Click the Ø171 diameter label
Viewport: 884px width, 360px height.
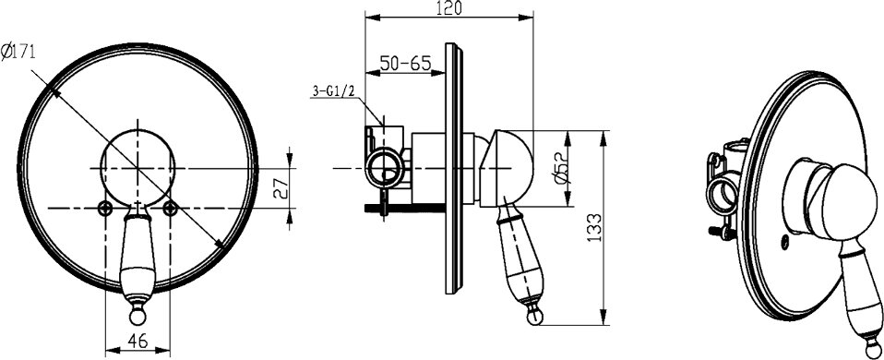point(18,53)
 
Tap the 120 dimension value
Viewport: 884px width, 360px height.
point(449,8)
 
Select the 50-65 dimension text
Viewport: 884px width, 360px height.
point(405,63)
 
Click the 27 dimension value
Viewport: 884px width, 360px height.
point(281,188)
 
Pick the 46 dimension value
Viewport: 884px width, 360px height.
point(137,341)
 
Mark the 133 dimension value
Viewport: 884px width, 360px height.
point(595,227)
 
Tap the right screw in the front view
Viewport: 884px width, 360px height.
point(171,209)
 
